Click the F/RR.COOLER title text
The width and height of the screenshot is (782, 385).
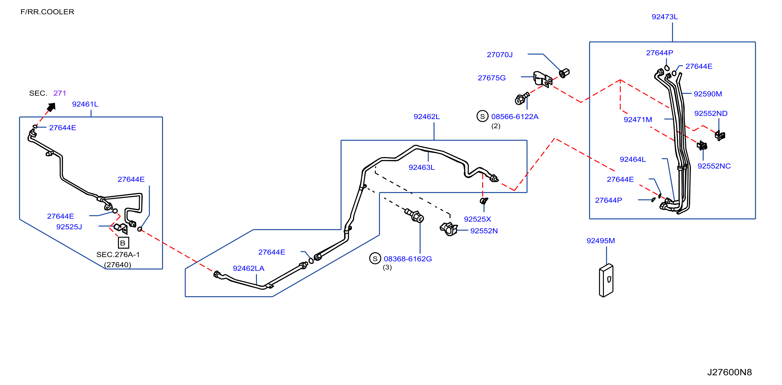tap(47, 12)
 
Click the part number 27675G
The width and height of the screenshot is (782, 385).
tap(492, 78)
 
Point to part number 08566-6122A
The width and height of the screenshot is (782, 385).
tap(515, 116)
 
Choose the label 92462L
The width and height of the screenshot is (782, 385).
tap(426, 116)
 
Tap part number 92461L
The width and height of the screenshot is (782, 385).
tap(85, 104)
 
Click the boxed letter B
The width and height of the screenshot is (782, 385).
tap(123, 243)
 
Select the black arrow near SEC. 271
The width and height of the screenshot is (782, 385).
tap(51, 107)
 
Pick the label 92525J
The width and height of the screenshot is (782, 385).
tap(69, 227)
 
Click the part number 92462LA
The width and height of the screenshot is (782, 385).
tap(248, 268)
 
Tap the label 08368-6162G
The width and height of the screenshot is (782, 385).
tap(408, 259)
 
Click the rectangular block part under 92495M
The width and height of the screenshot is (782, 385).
tap(606, 280)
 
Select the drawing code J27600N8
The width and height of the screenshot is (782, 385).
tap(730, 372)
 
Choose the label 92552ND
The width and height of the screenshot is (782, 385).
tap(711, 113)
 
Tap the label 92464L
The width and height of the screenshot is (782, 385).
tap(633, 159)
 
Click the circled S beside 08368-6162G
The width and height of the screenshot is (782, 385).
tap(375, 258)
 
